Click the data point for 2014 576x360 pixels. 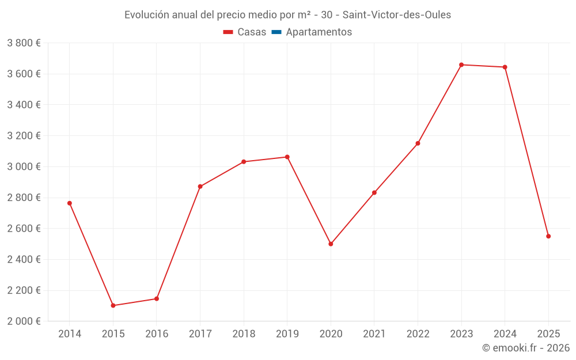pyautogui.click(x=70, y=203)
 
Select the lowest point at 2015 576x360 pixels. pyautogui.click(x=113, y=305)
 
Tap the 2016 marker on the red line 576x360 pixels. pyautogui.click(x=157, y=298)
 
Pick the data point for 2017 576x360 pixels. pyautogui.click(x=200, y=187)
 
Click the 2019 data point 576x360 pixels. pyautogui.click(x=287, y=157)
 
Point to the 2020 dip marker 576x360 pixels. pyautogui.click(x=331, y=244)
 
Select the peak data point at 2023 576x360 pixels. pyautogui.click(x=461, y=65)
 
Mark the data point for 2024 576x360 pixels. pyautogui.click(x=505, y=67)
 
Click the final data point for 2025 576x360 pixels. pyautogui.click(x=548, y=236)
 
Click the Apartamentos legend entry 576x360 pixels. pyautogui.click(x=319, y=32)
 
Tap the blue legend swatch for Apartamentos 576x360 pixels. pyautogui.click(x=276, y=32)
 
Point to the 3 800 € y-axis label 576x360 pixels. pyautogui.click(x=24, y=43)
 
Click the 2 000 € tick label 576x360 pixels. pyautogui.click(x=24, y=321)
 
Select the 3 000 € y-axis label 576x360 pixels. pyautogui.click(x=24, y=166)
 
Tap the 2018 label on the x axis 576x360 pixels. pyautogui.click(x=244, y=334)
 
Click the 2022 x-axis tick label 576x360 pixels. pyautogui.click(x=418, y=334)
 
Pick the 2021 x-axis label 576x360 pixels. pyautogui.click(x=374, y=334)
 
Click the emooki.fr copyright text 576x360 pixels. pyautogui.click(x=526, y=348)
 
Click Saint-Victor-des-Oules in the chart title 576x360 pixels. pyautogui.click(x=397, y=14)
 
